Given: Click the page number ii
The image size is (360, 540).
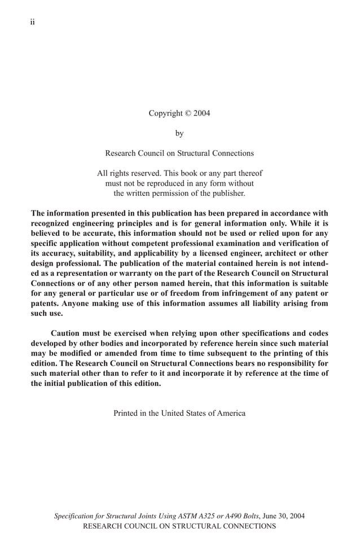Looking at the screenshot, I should click(x=32, y=22).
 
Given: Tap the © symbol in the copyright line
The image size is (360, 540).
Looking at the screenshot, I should click(x=187, y=113).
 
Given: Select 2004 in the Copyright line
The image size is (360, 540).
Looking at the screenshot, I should click(x=201, y=113).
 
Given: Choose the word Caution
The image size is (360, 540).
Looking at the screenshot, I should click(x=68, y=333).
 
